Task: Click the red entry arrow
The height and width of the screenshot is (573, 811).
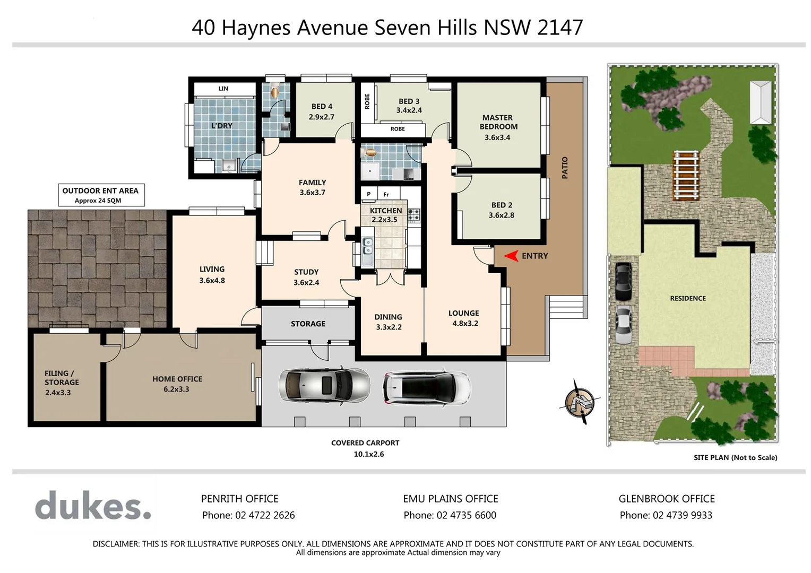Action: coord(511,256)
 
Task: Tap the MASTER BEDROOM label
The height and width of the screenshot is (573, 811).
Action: coord(498,122)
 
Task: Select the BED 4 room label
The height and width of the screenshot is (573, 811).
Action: coord(322,107)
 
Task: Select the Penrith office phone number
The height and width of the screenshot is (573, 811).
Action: coord(248,515)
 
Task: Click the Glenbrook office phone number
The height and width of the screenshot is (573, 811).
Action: coord(666,515)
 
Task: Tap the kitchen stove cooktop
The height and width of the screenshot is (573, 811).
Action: coord(413,215)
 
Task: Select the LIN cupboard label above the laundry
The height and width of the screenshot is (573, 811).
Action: coord(223,89)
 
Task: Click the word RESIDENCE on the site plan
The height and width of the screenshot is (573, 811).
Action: coord(688,298)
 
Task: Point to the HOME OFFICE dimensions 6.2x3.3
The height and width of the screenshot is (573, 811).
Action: coord(176,389)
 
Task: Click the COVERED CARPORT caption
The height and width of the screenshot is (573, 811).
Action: coord(365,443)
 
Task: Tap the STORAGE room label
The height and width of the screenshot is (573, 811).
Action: coord(308,324)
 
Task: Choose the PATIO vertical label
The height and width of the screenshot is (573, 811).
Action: coord(565,168)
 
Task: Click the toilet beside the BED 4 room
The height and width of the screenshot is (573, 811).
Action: coord(274,91)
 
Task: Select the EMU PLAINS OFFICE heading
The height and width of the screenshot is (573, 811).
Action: coord(451,499)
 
